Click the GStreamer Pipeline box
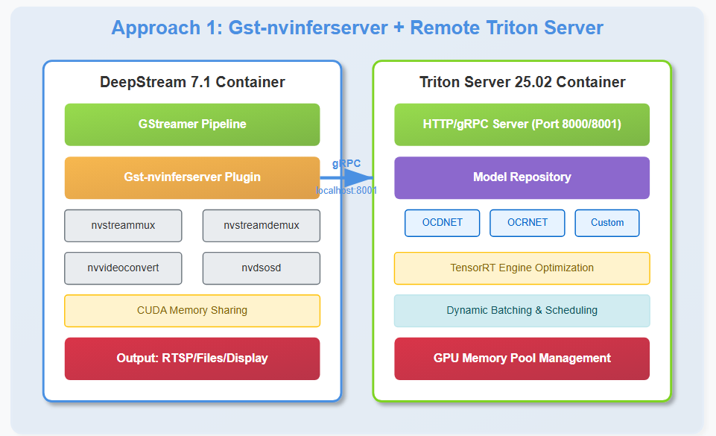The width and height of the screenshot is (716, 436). click(192, 124)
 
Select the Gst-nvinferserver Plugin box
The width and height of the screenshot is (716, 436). click(192, 177)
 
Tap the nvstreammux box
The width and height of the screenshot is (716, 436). click(123, 226)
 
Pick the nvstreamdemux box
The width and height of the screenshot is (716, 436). click(262, 226)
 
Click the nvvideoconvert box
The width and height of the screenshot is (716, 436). click(123, 268)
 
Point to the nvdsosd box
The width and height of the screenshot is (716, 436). click(262, 268)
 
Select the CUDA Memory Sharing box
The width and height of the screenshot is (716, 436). click(192, 311)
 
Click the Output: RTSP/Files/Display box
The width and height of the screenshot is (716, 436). click(192, 358)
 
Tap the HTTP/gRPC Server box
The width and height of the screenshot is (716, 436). click(522, 124)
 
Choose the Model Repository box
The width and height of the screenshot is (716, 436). click(522, 177)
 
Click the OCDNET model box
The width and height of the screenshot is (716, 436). click(442, 223)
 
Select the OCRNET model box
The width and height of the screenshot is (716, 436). click(528, 223)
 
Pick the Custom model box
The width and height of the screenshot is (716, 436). click(607, 223)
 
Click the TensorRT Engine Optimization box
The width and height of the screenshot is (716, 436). click(522, 268)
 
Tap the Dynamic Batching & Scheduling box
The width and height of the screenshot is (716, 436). click(522, 311)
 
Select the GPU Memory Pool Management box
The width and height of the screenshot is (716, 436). click(522, 358)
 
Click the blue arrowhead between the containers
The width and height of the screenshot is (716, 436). click(358, 177)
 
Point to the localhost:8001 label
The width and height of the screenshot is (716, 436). click(346, 190)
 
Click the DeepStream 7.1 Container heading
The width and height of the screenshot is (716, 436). click(192, 82)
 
